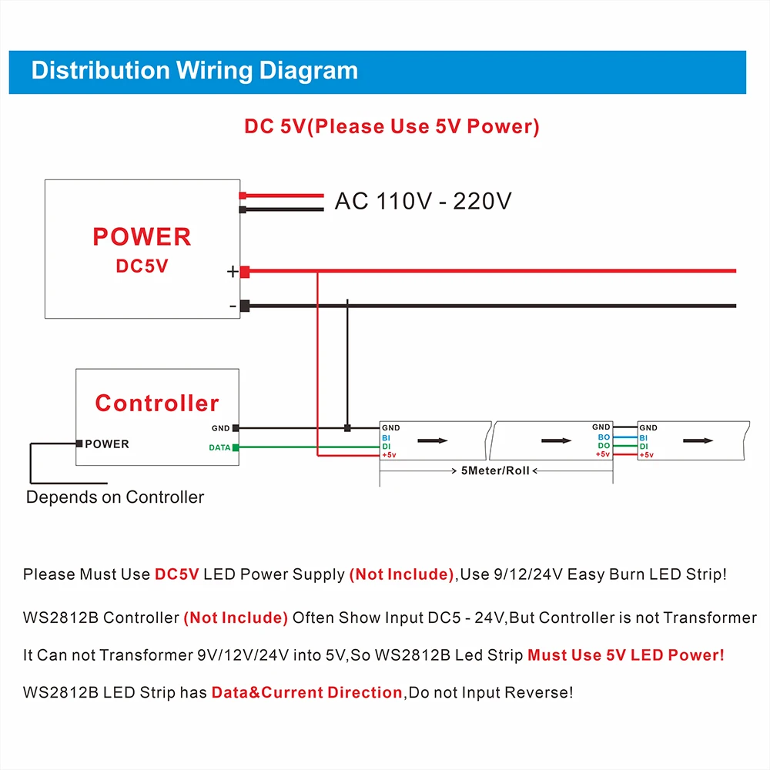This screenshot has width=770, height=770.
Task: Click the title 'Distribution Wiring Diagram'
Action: (x=194, y=71)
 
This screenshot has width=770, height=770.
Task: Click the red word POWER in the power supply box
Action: (x=142, y=236)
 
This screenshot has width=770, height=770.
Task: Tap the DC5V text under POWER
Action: (x=142, y=266)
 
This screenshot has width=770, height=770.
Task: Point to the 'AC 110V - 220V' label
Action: (x=423, y=201)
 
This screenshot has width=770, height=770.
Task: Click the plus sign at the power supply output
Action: (x=232, y=272)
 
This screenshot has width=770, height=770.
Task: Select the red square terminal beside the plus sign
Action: (x=245, y=272)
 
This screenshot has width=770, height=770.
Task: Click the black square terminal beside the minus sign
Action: (x=245, y=306)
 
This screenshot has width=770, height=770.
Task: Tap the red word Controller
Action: (x=157, y=403)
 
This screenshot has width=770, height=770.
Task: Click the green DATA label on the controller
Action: (x=219, y=447)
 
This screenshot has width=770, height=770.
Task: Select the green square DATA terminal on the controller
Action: (x=236, y=447)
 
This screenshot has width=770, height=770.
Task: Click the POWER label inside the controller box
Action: (x=107, y=444)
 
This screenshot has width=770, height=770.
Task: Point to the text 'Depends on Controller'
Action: (x=115, y=497)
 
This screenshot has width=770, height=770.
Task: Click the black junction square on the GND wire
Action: (x=347, y=427)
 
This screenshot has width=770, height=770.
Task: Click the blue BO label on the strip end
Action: (x=604, y=437)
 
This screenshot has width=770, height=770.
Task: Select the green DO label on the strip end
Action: (x=604, y=446)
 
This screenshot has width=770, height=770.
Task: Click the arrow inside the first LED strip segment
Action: (x=432, y=440)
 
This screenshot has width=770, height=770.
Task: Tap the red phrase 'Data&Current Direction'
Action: (x=306, y=692)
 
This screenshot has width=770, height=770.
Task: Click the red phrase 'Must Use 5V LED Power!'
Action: (x=625, y=655)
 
